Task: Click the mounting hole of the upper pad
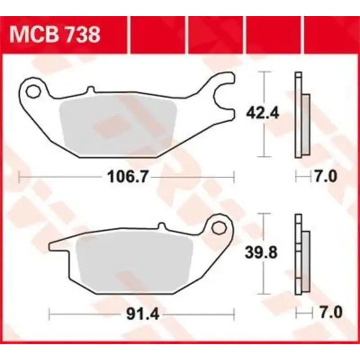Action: pos(33,91)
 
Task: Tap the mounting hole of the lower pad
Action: pos(220,226)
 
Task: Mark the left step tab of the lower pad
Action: pos(58,247)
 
